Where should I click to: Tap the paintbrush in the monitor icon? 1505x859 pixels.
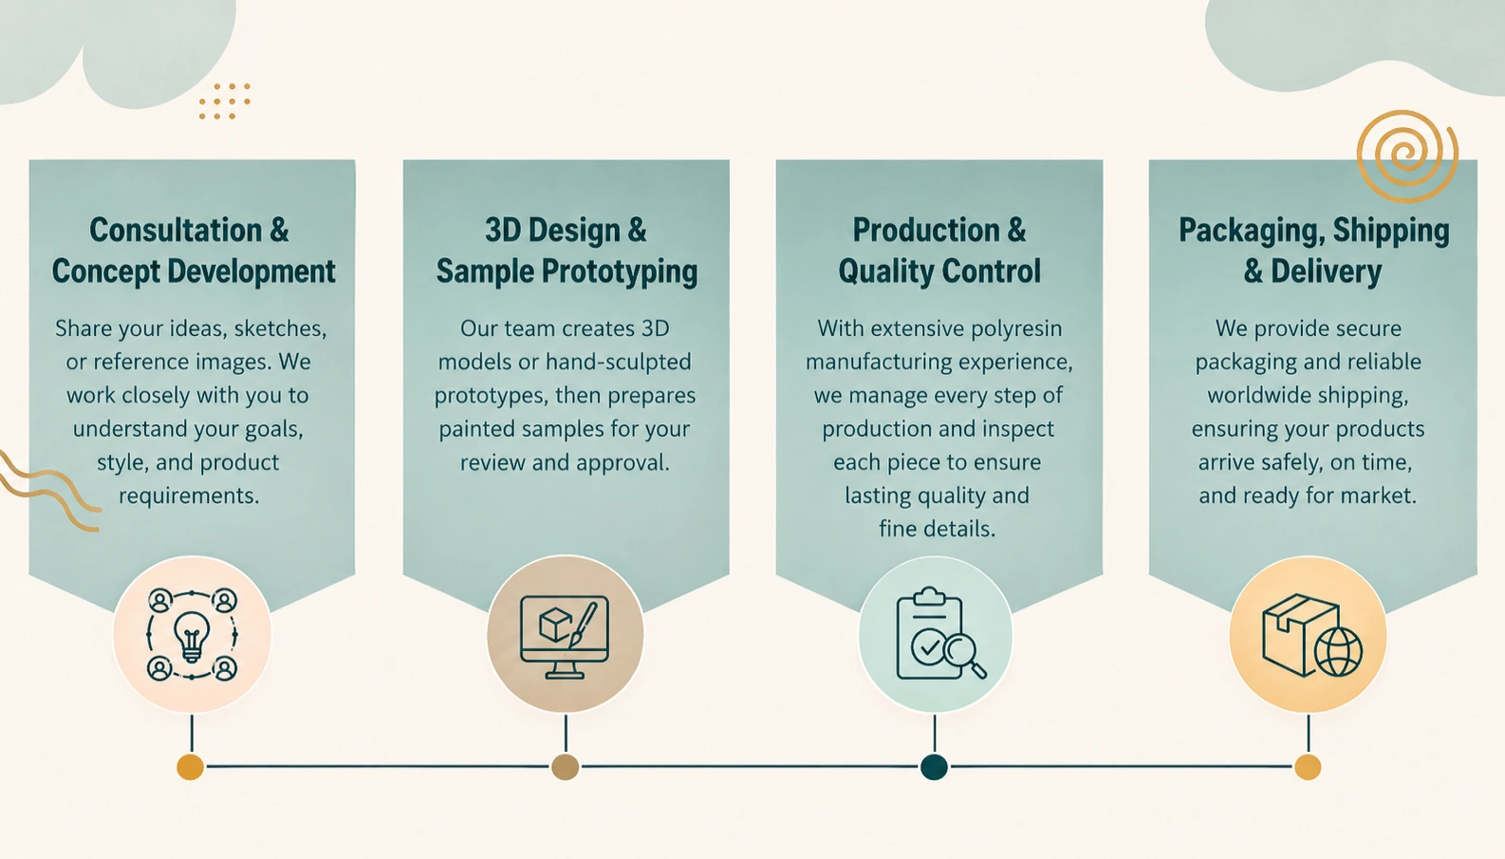583,625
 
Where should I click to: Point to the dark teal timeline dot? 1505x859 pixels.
934,767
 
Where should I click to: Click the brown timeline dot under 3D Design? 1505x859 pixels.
565,767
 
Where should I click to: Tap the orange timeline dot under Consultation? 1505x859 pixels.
190,767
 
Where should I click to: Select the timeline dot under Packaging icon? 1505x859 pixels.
1308,767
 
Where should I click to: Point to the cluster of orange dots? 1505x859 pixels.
224,102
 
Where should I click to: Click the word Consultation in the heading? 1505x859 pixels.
177,231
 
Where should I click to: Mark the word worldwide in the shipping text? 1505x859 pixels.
1260,395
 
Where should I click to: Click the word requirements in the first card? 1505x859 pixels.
189,496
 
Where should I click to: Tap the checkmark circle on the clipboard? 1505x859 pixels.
929,647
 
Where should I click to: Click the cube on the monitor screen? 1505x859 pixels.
556,625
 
